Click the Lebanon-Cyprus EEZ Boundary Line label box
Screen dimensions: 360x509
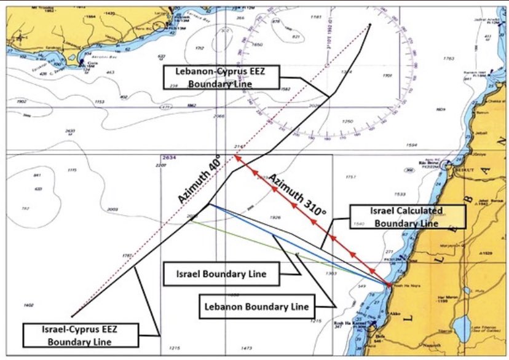tap(221, 78)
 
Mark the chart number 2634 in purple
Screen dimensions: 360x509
tap(169, 158)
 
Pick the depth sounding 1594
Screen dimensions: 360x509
tap(412, 145)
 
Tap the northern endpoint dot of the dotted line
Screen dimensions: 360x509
tap(370, 25)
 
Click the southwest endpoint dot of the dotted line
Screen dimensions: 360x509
tap(73, 316)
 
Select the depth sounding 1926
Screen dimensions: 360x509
tap(275, 217)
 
